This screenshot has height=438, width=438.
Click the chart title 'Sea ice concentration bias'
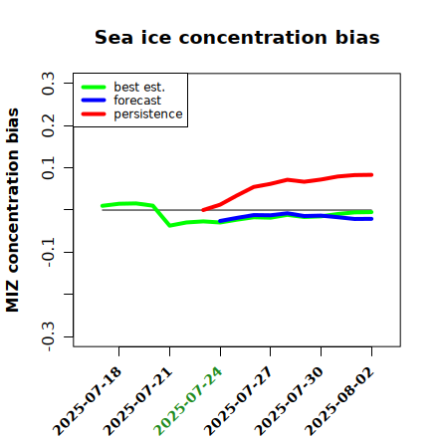click(x=237, y=37)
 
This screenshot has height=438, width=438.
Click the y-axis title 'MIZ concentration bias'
click(x=13, y=210)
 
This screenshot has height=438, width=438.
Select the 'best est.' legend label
click(x=139, y=87)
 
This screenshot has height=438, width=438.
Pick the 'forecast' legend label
click(x=137, y=101)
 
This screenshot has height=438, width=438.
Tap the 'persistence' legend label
click(x=148, y=114)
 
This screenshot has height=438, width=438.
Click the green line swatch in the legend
click(x=94, y=87)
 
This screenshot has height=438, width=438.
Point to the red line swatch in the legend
click(x=94, y=114)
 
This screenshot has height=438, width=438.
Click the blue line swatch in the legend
click(x=94, y=101)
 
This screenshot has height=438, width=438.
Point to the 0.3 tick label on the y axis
click(x=48, y=84)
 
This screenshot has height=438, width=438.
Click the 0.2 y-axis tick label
click(x=48, y=125)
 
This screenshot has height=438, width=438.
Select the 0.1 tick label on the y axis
click(x=48, y=168)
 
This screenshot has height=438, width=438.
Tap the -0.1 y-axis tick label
click(x=48, y=252)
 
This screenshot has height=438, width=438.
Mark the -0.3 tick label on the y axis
click(x=48, y=336)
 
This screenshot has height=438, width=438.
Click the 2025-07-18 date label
click(x=88, y=401)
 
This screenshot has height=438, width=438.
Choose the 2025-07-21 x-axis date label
click(x=138, y=401)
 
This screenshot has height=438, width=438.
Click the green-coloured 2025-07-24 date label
click(x=188, y=401)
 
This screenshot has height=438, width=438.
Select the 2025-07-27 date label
click(x=238, y=401)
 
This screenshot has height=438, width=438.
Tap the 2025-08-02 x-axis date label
click(x=339, y=401)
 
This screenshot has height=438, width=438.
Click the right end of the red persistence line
click(x=371, y=175)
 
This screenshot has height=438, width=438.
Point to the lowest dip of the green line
click(x=170, y=226)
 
